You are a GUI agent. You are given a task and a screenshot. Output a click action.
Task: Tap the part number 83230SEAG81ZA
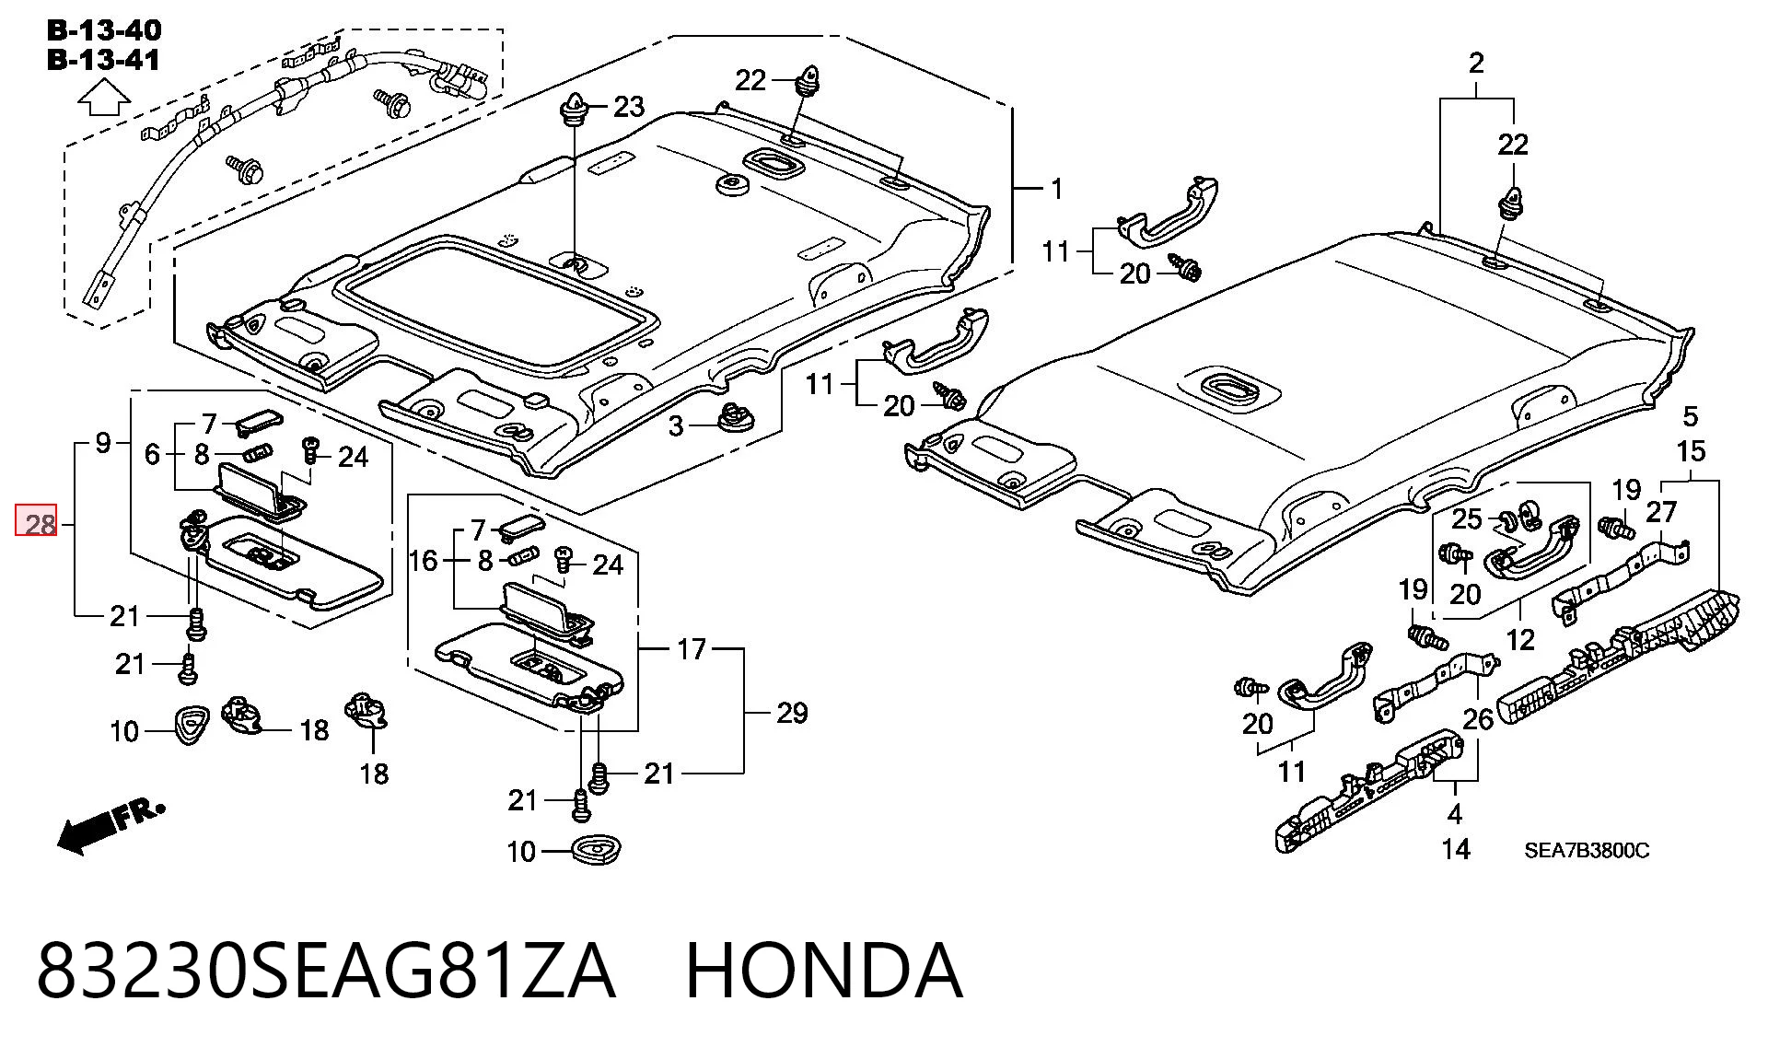coord(326,971)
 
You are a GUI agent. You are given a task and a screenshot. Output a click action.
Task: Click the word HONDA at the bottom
coord(824,971)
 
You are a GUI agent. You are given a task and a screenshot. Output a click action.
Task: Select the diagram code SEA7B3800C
coord(1587,850)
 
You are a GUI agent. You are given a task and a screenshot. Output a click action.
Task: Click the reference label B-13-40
coord(104,29)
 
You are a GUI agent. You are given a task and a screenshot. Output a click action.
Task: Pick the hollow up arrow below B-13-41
coord(104,97)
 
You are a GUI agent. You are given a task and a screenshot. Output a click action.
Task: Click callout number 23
coord(629,107)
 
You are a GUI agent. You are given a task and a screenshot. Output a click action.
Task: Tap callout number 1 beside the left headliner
coord(1057,189)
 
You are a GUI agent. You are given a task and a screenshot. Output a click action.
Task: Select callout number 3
coord(676,426)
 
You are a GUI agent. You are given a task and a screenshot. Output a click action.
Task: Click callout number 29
coord(792,713)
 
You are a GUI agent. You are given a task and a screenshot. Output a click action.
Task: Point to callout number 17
coord(692,650)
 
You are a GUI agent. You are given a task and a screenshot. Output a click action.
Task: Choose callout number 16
coord(423,560)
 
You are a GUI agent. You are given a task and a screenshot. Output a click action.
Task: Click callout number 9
coord(103,444)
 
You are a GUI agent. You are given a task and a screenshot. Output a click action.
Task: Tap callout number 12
coord(1520,639)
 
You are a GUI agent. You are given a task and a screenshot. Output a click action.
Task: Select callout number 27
coord(1662,512)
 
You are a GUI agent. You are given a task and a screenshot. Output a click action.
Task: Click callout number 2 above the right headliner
coord(1476,64)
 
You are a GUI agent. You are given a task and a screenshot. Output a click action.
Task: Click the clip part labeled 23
coord(573,111)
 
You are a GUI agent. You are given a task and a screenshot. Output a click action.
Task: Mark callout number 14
coord(1456,848)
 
